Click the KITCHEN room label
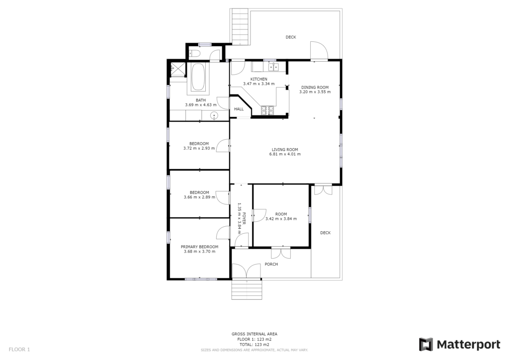coord(258,79)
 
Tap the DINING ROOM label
coord(315,88)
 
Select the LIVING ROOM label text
coord(285,150)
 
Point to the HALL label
coord(239,109)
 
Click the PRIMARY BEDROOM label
coord(199,247)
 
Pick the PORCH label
coord(271,264)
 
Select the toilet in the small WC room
coord(195,54)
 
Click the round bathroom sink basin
coord(214,115)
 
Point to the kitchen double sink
coord(273,67)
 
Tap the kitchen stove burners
coord(267,110)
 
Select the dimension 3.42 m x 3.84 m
coord(281,219)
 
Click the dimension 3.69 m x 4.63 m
coord(201,105)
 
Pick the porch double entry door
coord(247,270)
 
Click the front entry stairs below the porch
coord(247,289)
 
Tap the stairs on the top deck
coord(240,27)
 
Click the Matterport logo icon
coord(425,345)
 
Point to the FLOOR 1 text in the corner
coord(19,350)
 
